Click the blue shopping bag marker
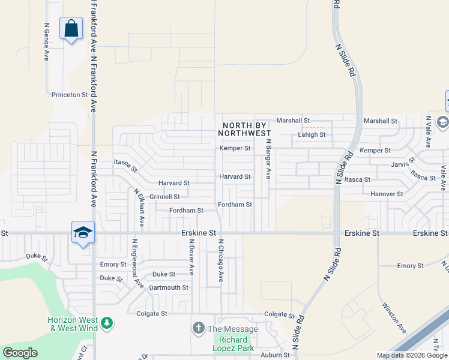(71, 28)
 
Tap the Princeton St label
(70, 95)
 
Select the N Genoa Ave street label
(46, 42)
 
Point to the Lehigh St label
(312, 135)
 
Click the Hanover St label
(387, 194)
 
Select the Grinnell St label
(164, 197)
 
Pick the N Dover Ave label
(190, 257)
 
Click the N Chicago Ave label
(221, 261)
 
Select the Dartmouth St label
(169, 287)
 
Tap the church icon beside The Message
(198, 328)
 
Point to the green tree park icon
(107, 324)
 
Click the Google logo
(20, 353)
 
